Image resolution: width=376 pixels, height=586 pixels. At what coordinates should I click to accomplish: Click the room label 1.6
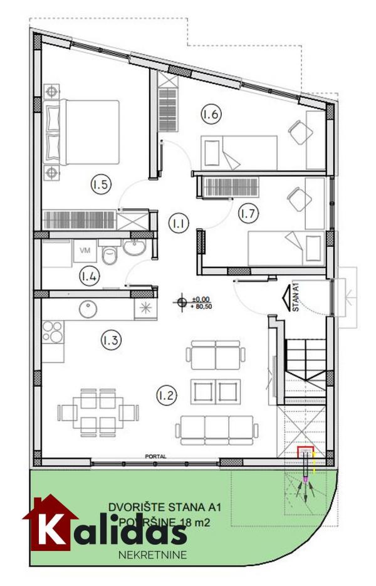click(211, 115)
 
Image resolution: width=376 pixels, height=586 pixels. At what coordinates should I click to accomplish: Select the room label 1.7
click(248, 213)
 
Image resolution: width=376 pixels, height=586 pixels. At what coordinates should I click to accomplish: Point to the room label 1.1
click(178, 221)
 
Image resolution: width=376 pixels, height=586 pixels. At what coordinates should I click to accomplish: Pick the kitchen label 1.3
click(110, 340)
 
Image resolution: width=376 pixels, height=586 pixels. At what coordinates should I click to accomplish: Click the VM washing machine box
click(85, 250)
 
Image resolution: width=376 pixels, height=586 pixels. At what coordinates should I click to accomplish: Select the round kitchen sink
click(87, 308)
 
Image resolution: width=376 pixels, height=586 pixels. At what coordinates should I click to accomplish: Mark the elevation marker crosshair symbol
click(182, 303)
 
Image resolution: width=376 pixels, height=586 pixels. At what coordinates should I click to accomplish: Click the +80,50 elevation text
click(202, 307)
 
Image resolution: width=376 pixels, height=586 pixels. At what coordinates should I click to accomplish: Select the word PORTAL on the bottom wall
click(155, 457)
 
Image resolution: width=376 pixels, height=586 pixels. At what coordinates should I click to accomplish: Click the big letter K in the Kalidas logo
click(53, 528)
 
